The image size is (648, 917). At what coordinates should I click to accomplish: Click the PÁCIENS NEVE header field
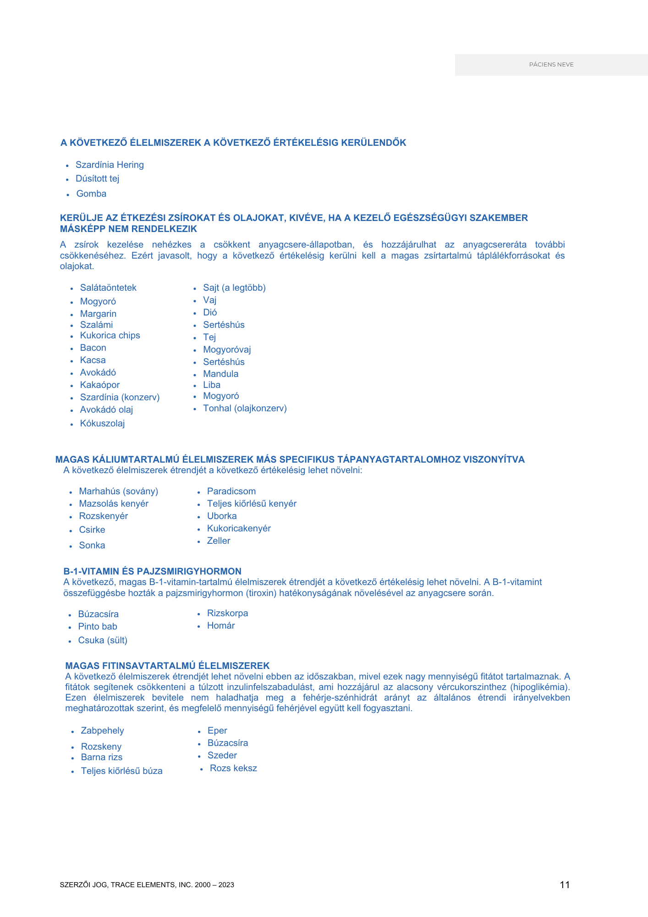tap(551, 65)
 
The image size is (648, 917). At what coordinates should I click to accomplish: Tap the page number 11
tap(565, 885)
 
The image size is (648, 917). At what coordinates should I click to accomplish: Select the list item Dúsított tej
tap(97, 178)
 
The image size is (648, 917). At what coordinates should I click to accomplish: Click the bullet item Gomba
tap(91, 193)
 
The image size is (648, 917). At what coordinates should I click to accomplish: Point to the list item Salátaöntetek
tap(108, 287)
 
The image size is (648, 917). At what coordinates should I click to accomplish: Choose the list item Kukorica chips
tap(110, 335)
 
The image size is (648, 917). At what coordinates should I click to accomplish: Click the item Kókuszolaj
tap(102, 423)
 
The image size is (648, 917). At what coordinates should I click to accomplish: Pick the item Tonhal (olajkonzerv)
tap(245, 408)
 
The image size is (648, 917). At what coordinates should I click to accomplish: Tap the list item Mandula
tap(220, 374)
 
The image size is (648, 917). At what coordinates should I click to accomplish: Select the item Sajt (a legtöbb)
tap(234, 287)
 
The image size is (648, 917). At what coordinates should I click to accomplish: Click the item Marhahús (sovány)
tap(118, 491)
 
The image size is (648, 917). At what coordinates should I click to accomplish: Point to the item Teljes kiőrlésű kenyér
tap(252, 503)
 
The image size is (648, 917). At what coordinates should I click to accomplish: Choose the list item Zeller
tap(219, 541)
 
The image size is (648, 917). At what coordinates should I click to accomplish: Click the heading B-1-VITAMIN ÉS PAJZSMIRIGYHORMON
tap(152, 571)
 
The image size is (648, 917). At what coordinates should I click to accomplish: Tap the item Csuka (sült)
tap(103, 640)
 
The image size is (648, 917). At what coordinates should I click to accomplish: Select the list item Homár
tap(221, 625)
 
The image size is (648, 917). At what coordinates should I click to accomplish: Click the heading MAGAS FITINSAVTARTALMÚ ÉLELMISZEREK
tap(167, 666)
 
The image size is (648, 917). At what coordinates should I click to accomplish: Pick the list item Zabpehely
tap(102, 730)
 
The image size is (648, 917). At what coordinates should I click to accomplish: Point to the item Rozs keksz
tap(233, 768)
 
